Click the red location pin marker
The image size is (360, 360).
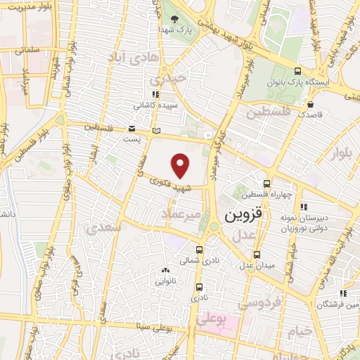(x=181, y=167)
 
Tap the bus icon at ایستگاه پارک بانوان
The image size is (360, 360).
(x=298, y=71)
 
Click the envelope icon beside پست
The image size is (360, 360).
(x=131, y=128)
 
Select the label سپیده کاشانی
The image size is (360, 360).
(x=154, y=105)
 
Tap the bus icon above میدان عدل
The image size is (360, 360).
(x=257, y=254)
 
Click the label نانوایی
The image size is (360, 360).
(x=166, y=281)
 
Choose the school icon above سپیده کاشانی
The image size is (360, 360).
(x=155, y=94)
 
